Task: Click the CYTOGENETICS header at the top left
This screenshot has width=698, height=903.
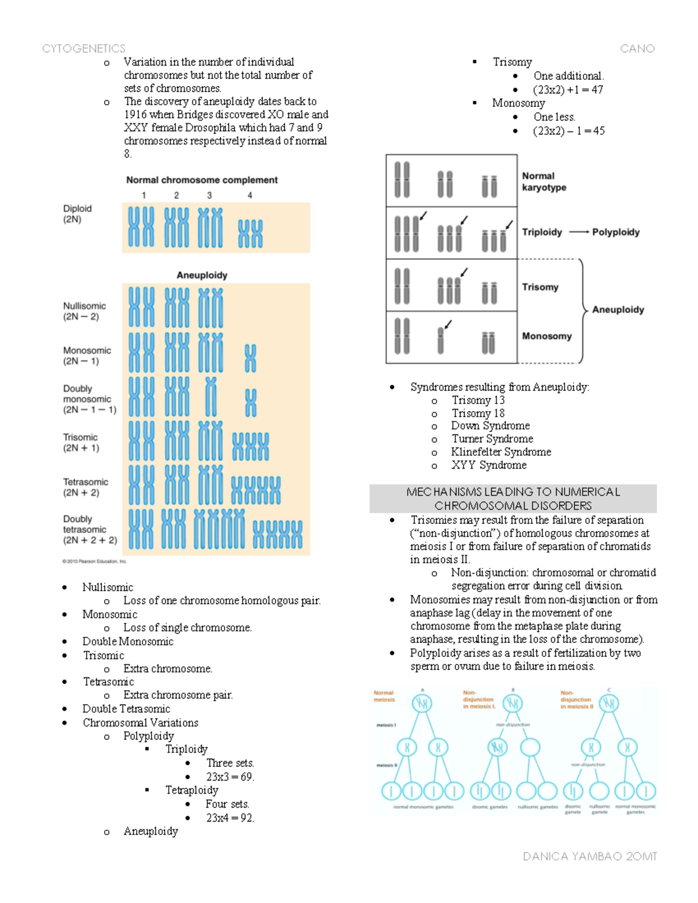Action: click(x=84, y=49)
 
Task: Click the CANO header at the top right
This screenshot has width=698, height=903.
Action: click(x=637, y=49)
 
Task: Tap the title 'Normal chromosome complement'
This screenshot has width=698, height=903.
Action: click(x=202, y=180)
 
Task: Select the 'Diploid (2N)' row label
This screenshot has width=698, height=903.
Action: click(x=77, y=214)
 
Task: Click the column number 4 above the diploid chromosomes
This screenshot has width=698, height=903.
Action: click(x=250, y=195)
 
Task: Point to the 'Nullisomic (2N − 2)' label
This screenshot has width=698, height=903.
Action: click(x=85, y=311)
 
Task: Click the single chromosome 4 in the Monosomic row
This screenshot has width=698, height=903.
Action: click(x=250, y=358)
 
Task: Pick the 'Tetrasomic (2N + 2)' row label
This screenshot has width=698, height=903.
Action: click(x=86, y=487)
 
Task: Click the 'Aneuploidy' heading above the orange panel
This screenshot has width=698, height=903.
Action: click(x=202, y=275)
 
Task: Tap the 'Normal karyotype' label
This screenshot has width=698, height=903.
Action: click(x=544, y=181)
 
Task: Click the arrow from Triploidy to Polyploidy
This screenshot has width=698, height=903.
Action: click(x=579, y=232)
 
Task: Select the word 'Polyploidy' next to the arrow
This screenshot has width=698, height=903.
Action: click(x=616, y=232)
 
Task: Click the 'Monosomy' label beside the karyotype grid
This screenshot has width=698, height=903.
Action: click(x=547, y=336)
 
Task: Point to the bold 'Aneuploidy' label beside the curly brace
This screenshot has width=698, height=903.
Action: click(x=618, y=309)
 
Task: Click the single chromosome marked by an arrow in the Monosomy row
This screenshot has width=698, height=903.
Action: click(x=440, y=340)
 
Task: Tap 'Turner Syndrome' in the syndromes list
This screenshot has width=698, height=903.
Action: click(x=492, y=438)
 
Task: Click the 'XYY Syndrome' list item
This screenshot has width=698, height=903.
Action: click(x=489, y=465)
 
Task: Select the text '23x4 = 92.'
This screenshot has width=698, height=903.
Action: click(x=230, y=818)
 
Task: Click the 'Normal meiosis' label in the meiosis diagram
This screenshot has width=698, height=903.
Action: click(x=384, y=696)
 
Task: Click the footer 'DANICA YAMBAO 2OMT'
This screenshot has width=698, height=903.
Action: click(x=590, y=856)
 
